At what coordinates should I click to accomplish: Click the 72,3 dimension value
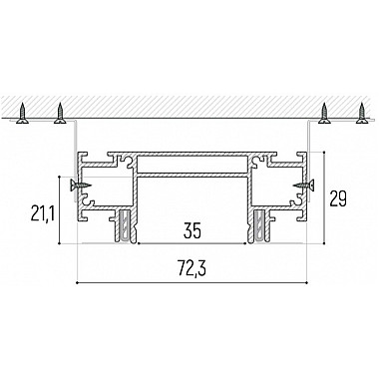pos(191,268)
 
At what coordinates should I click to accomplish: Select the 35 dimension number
pos(191,231)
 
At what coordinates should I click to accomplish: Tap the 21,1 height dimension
pos(42,213)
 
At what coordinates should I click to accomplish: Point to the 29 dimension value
pos(338,198)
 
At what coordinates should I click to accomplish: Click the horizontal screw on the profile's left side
pos(80,186)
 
